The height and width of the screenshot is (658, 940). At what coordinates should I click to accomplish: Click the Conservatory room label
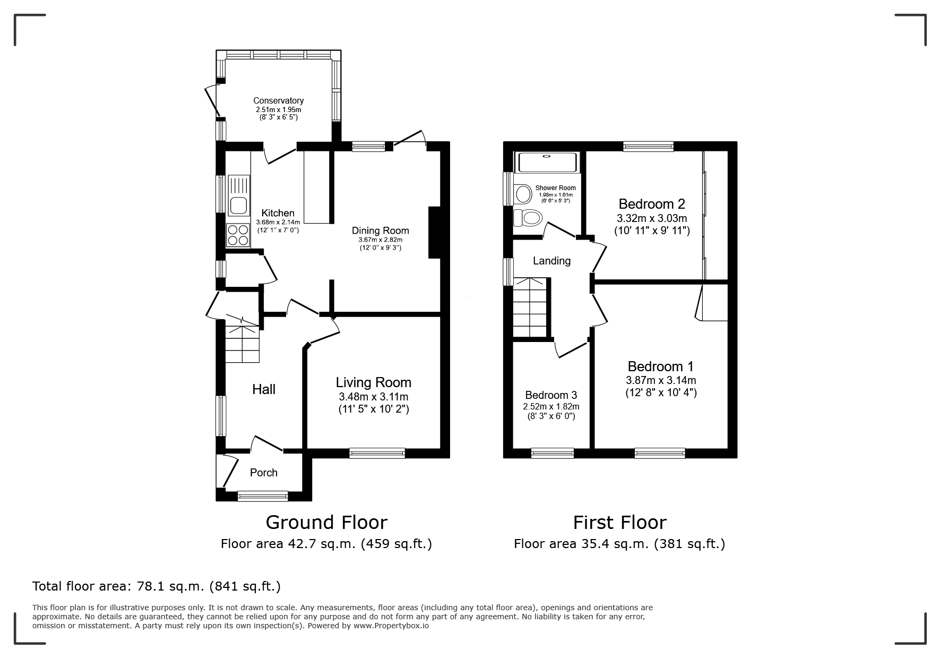coord(278,100)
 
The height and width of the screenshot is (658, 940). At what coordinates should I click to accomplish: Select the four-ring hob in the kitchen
coord(238,235)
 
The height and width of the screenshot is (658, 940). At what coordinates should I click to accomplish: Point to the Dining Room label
coord(381,230)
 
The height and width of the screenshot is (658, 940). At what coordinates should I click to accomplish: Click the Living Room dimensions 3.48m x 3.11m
coord(374,397)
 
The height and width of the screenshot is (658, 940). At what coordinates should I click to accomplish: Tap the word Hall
coord(264,389)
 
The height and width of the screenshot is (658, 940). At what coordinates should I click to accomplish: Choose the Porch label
coord(264,473)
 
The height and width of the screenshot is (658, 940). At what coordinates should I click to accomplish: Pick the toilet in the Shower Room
coord(527,217)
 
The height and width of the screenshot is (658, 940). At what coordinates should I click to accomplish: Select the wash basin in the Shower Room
coord(523,194)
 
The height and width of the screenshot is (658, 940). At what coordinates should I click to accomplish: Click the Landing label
coord(552,261)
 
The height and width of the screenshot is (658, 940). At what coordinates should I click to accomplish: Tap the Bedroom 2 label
coord(652,203)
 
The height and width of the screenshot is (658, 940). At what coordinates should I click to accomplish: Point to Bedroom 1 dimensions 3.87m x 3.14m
coord(661,380)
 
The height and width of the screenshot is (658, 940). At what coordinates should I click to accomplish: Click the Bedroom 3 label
coord(551,395)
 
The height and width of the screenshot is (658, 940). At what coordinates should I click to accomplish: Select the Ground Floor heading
coord(326,523)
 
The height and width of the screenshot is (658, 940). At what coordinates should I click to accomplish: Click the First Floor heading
coord(619,523)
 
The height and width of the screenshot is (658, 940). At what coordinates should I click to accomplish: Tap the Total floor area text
coord(157,586)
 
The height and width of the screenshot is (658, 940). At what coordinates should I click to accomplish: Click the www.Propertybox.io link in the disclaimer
coord(391,626)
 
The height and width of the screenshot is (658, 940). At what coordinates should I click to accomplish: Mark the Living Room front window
coord(377,453)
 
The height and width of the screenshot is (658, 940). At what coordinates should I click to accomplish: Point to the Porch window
coord(263,496)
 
